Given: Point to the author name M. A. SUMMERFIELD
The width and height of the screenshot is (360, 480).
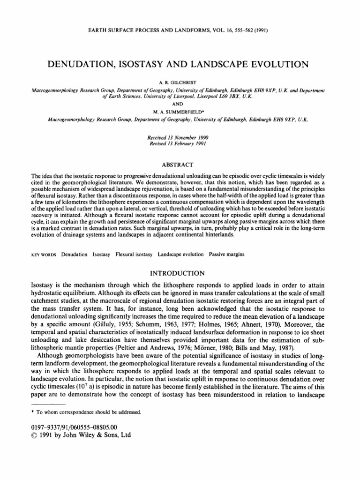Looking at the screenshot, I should pyautogui.click(x=180, y=113).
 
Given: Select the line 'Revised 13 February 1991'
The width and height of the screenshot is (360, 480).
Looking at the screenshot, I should pyautogui.click(x=180, y=143).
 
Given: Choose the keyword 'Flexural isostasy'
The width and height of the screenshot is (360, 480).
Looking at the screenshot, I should pyautogui.click(x=134, y=255).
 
